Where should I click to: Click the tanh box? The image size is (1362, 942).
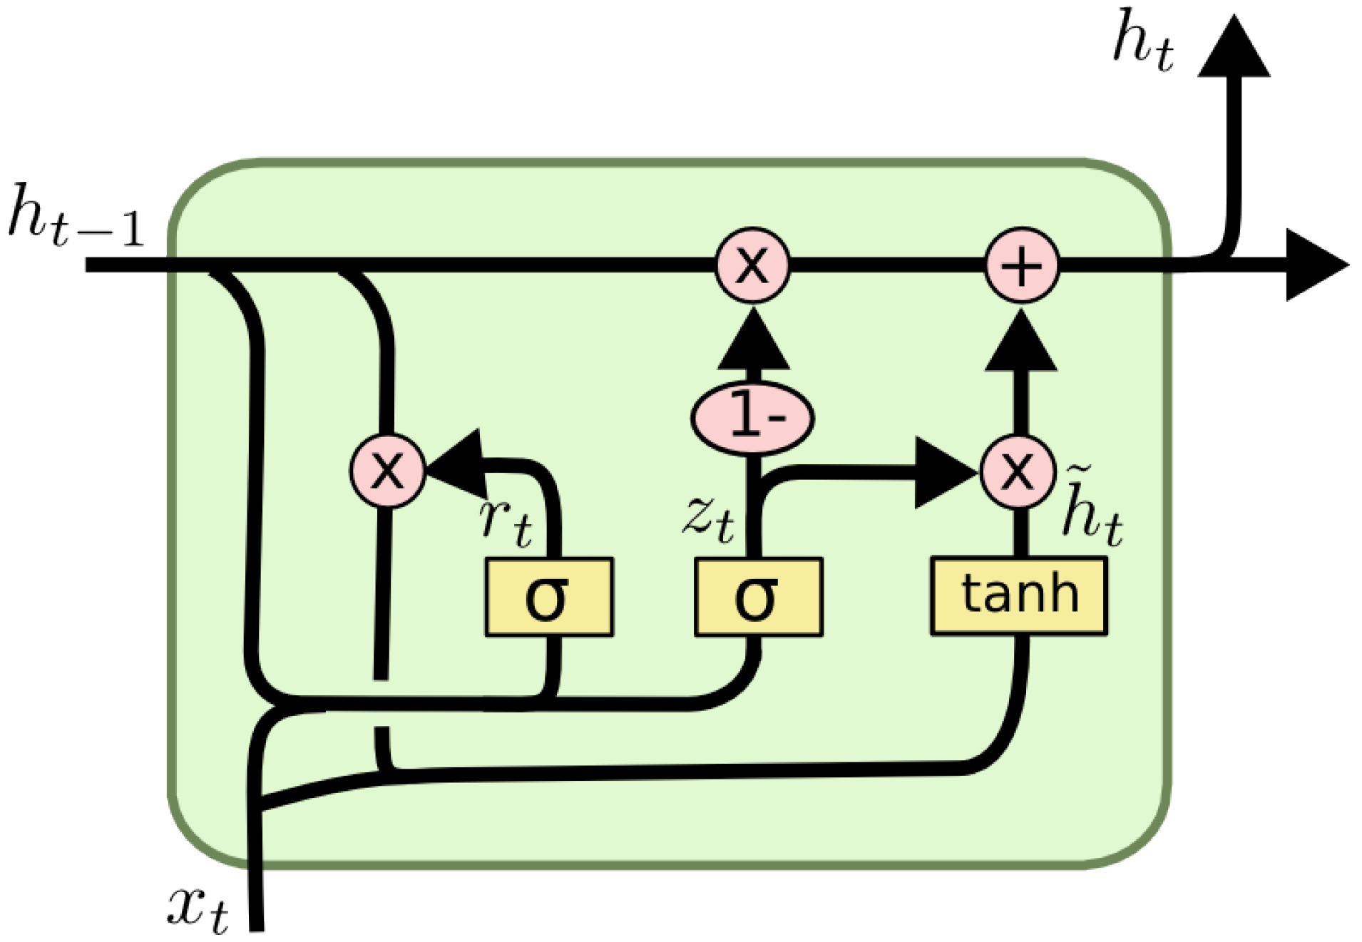(1018, 595)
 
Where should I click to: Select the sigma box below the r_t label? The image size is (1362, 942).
(548, 597)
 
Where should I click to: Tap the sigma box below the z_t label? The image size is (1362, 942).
(758, 597)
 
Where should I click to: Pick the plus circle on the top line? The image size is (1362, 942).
(1021, 265)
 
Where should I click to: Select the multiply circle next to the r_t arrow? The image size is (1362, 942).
(387, 471)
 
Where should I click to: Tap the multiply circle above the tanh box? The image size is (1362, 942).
(1017, 471)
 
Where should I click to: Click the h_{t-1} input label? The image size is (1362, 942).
(75, 215)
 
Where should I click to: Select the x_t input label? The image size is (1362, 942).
(198, 909)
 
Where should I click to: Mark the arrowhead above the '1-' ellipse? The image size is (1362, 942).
(753, 342)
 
